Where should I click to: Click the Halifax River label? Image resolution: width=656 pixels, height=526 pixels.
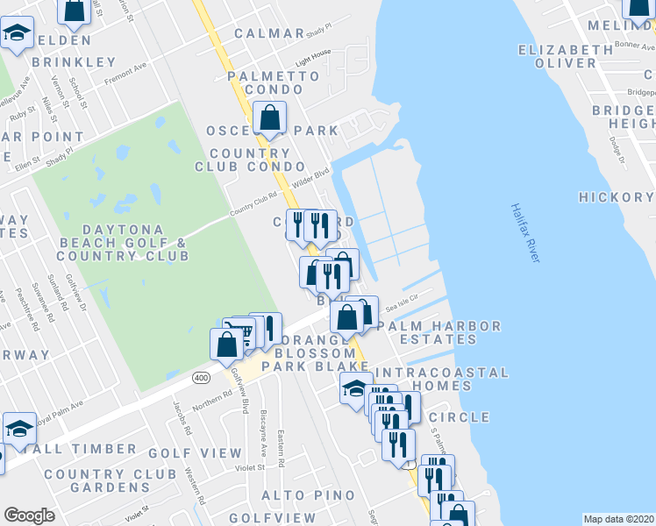[523, 233]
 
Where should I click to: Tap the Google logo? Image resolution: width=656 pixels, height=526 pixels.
[29, 515]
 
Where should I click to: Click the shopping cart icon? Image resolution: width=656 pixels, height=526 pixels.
[246, 331]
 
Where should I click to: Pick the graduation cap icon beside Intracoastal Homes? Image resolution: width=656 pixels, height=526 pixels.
[354, 388]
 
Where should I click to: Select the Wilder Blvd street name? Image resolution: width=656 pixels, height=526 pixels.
[311, 176]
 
